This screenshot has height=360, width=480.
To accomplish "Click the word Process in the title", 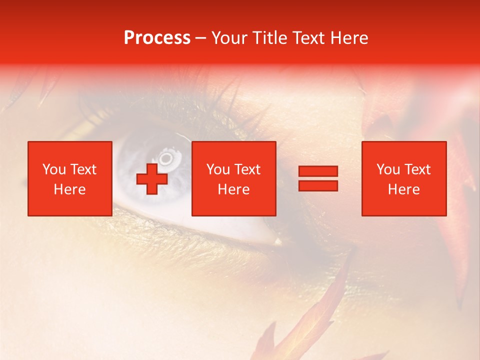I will [157, 38].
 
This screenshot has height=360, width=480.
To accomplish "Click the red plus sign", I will [152, 178].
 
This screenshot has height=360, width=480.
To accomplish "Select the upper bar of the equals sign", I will [318, 171].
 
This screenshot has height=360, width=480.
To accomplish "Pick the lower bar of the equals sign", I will [318, 186].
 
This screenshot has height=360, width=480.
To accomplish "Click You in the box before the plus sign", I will [54, 169].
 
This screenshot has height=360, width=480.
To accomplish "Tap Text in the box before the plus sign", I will [83, 169].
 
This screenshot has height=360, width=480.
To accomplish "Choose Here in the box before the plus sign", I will [69, 189].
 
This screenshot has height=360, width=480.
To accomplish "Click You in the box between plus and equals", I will [218, 169].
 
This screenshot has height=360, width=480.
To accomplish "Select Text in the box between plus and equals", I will [247, 169].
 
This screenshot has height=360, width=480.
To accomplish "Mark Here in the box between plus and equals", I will [233, 189].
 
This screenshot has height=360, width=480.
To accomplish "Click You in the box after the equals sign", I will [388, 169].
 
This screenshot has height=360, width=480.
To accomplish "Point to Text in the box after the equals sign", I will [417, 169].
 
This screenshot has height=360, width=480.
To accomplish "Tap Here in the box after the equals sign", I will [403, 189].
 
